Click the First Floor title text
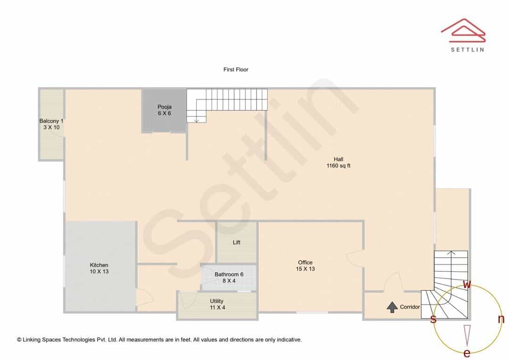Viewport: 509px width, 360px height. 236,69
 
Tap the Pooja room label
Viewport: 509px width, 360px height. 164,107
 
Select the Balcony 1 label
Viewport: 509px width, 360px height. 51,121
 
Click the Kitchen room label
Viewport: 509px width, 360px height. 99,265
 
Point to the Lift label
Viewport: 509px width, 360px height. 237,243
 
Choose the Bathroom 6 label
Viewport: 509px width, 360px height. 229,274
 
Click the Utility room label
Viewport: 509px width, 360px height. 216,301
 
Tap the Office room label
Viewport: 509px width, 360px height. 305,262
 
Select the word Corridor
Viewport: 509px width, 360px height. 410,307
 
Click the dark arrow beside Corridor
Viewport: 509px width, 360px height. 392,307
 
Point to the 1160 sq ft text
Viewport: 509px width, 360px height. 338,165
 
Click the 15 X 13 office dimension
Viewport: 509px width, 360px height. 305,269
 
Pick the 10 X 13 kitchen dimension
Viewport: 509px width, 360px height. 99,271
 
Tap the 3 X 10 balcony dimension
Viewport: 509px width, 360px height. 52,127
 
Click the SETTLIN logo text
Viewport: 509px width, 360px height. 468,49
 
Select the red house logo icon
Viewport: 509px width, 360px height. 463,30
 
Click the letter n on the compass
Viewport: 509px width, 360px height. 501,319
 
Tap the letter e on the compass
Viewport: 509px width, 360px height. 467,353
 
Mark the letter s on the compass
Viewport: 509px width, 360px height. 433,319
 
